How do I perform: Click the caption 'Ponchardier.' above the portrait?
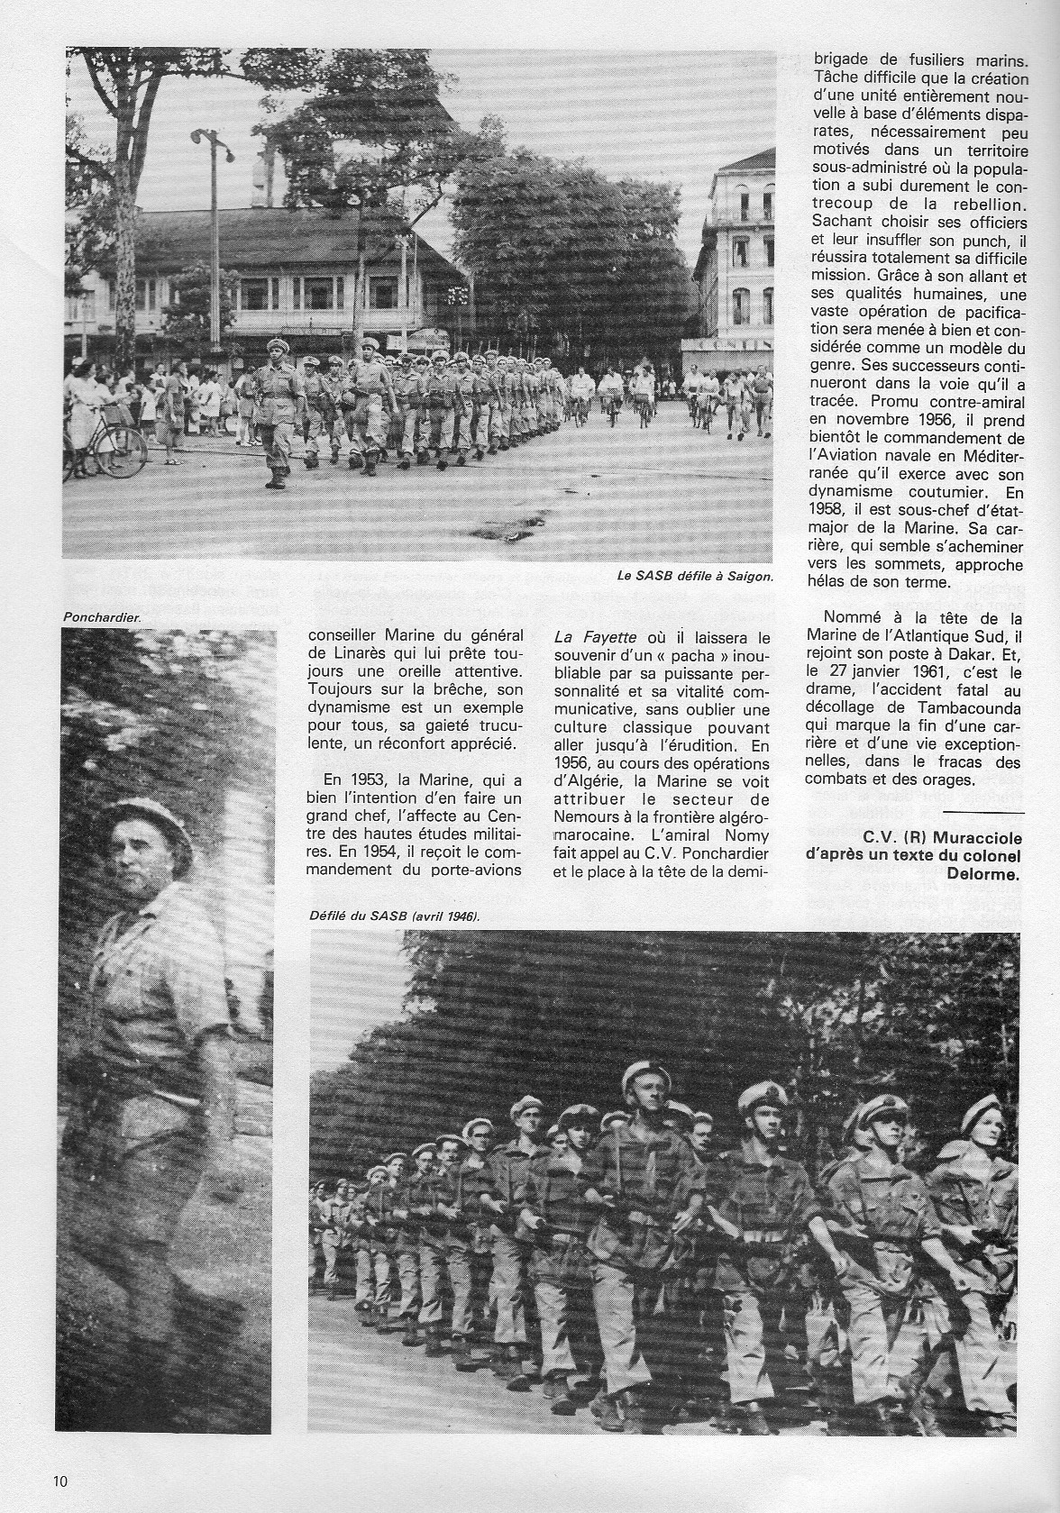[102, 617]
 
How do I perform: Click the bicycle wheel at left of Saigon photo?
[122, 451]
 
